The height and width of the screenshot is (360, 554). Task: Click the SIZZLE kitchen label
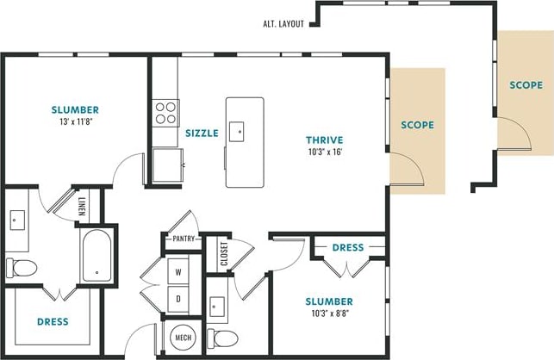click(202, 133)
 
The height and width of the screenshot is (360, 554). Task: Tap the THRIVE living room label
click(325, 140)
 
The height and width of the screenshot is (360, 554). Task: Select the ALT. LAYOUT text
click(283, 24)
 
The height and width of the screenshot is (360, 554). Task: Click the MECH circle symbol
click(182, 336)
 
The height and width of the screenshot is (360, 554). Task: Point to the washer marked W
click(179, 271)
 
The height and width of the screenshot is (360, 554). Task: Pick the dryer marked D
click(179, 299)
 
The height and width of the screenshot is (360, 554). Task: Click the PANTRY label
click(184, 239)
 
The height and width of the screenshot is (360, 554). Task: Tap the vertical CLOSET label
click(223, 253)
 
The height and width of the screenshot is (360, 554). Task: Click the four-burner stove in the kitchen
click(165, 111)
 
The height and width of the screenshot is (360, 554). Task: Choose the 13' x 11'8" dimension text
click(75, 123)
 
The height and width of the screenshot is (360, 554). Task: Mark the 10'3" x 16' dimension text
click(325, 152)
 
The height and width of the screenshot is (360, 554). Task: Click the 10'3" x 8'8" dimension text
click(329, 314)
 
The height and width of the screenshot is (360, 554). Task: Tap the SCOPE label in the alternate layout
click(526, 85)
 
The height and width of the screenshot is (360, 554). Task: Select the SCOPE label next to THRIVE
click(418, 125)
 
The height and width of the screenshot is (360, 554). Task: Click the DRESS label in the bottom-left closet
click(53, 322)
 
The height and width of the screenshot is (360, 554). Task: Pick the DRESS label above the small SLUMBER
click(348, 248)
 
